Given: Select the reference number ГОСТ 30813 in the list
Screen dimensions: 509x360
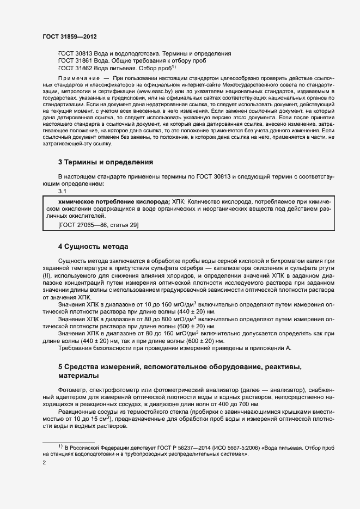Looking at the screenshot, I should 76,54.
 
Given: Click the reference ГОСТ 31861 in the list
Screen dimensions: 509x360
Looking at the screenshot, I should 76,61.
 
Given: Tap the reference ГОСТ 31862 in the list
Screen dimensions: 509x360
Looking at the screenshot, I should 76,68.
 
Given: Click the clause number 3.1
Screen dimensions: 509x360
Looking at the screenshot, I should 62,192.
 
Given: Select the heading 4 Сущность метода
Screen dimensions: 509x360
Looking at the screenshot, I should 93,246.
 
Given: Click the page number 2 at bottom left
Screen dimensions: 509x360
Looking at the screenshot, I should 44,463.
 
